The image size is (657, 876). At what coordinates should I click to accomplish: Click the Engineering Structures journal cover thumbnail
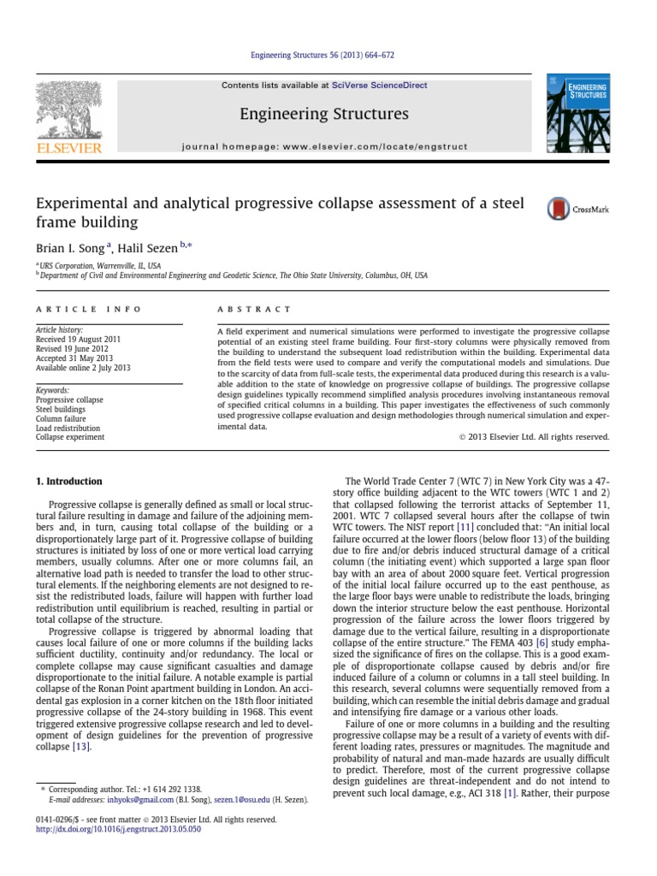[x=579, y=113]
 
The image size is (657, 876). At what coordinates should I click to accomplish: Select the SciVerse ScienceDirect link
[x=381, y=86]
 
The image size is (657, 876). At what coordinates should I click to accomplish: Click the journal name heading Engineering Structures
[x=324, y=114]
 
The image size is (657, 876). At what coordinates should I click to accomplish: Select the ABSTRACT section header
[x=254, y=309]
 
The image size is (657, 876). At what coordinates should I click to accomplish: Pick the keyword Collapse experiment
[x=70, y=436]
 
